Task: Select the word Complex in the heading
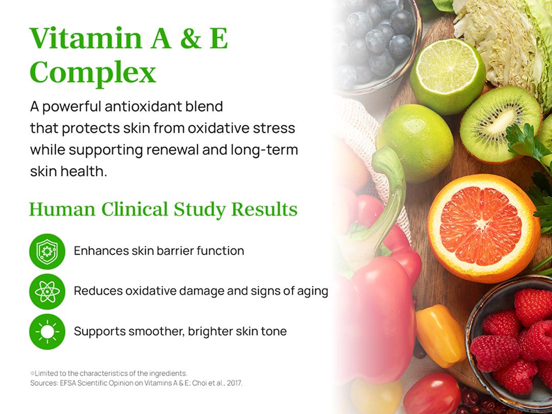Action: [x=93, y=73]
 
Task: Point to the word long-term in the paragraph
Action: [x=264, y=150]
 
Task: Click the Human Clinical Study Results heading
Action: [x=163, y=209]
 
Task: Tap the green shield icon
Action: [x=47, y=251]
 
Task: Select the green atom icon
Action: [x=47, y=291]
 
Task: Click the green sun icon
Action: [x=47, y=332]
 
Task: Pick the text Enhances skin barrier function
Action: [x=159, y=250]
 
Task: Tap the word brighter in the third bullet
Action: [x=210, y=331]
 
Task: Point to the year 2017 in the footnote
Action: [x=234, y=383]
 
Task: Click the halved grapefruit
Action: [x=484, y=228]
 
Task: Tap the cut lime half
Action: [x=447, y=76]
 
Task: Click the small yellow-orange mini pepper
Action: [x=440, y=335]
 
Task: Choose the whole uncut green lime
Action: [x=415, y=143]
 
